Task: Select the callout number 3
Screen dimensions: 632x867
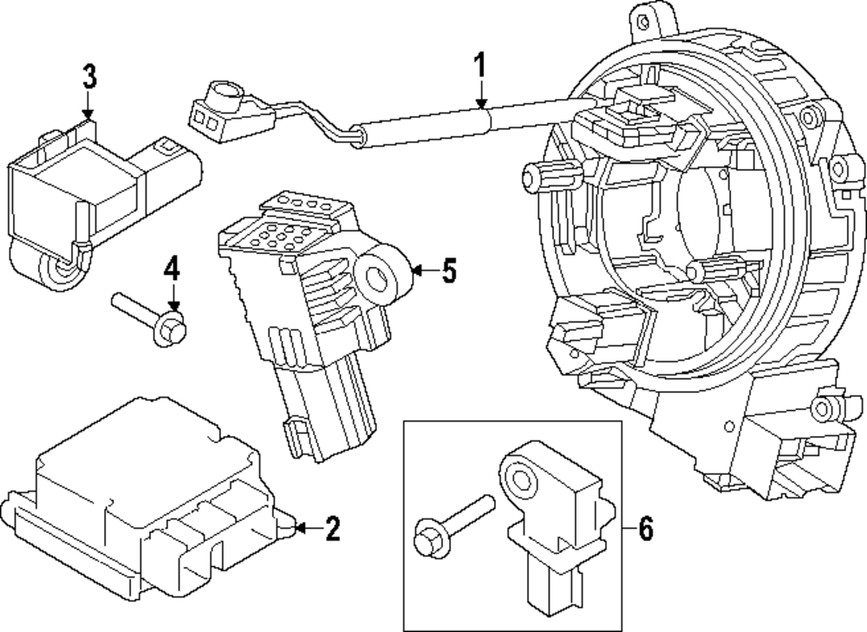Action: click(88, 76)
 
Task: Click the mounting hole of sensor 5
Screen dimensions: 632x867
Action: click(379, 277)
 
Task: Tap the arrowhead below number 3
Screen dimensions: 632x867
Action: click(87, 113)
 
